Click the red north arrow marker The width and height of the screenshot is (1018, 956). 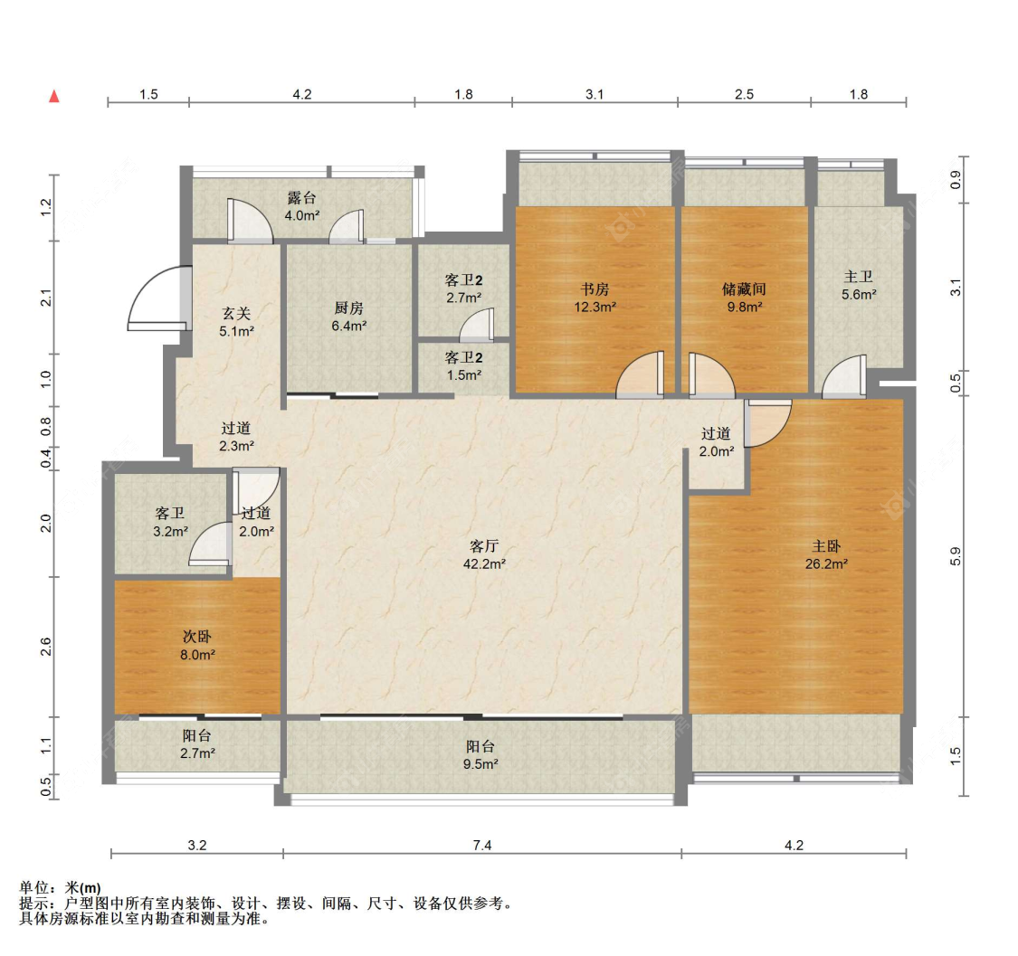click(54, 96)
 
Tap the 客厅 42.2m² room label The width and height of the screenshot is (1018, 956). click(484, 555)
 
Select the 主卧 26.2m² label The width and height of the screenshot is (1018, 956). click(826, 555)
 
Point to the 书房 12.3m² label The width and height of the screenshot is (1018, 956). click(595, 298)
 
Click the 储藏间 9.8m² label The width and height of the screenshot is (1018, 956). click(744, 298)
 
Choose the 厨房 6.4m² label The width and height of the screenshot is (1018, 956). click(348, 317)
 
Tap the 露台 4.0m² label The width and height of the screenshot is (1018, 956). click(302, 206)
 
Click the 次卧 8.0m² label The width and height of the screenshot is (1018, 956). click(197, 646)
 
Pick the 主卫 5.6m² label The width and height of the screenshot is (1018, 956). click(859, 286)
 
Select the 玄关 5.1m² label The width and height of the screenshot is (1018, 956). click(236, 323)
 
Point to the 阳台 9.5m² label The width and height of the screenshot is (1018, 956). click(480, 755)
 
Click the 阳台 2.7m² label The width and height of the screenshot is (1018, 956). click(197, 744)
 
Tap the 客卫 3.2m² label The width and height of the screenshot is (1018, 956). click(170, 523)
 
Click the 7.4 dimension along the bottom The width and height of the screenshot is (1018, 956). click(482, 845)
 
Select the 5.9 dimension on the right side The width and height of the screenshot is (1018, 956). click(955, 557)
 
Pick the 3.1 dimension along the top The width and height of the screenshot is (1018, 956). click(595, 95)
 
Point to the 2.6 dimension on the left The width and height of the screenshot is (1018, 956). click(45, 647)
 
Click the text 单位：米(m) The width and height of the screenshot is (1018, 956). click(61, 888)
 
